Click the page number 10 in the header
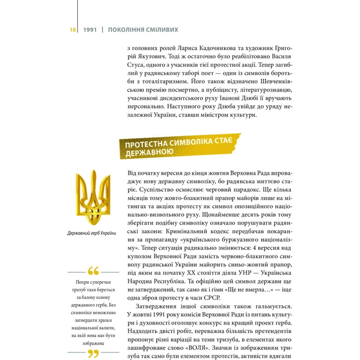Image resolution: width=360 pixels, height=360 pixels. pos(73,29)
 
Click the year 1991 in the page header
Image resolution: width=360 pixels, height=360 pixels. pos(89,29)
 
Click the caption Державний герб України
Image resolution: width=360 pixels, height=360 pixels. pos(91,233)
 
